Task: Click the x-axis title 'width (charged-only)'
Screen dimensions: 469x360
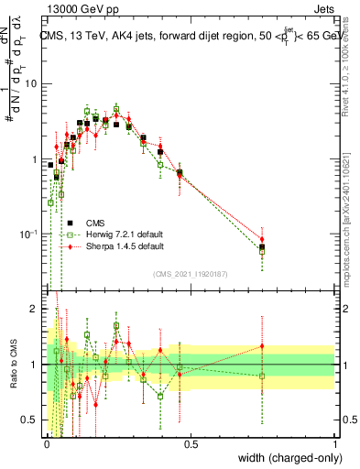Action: (286, 458)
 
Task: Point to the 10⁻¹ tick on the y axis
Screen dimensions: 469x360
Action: (30, 234)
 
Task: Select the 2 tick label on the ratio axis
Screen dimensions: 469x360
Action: (36, 309)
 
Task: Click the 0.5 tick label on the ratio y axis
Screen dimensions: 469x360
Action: (32, 420)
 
